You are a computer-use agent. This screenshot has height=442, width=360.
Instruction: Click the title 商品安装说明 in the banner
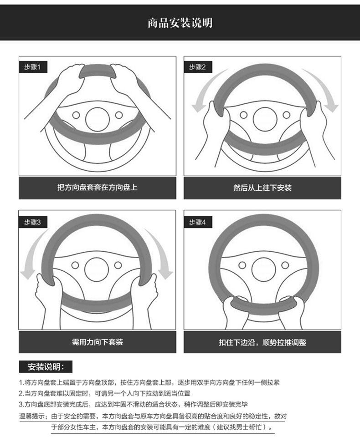pyautogui.click(x=180, y=22)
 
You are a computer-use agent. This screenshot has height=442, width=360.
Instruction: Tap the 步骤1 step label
pyautogui.click(x=32, y=67)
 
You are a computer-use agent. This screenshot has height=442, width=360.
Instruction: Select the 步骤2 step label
pyautogui.click(x=197, y=67)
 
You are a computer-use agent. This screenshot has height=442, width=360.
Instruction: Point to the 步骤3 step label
pyautogui.click(x=32, y=222)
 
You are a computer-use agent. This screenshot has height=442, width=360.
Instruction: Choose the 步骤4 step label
pyautogui.click(x=197, y=222)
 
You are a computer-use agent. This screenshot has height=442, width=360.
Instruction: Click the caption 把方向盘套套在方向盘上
pyautogui.click(x=97, y=188)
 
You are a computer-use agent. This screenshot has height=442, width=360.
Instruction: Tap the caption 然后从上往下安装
pyautogui.click(x=262, y=188)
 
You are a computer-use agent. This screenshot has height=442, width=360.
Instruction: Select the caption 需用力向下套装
pyautogui.click(x=97, y=342)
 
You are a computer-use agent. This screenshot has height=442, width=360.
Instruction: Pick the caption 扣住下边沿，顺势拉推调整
pyautogui.click(x=262, y=342)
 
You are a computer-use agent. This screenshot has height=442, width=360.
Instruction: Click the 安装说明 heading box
pyautogui.click(x=46, y=367)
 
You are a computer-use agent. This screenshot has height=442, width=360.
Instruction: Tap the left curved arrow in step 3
pyautogui.click(x=32, y=253)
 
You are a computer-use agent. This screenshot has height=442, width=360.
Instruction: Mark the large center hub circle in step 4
pyautogui.click(x=263, y=269)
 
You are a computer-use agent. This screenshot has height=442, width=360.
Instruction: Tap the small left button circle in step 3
pyautogui.click(x=75, y=265)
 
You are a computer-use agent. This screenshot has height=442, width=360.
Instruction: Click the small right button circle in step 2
pyautogui.click(x=286, y=115)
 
